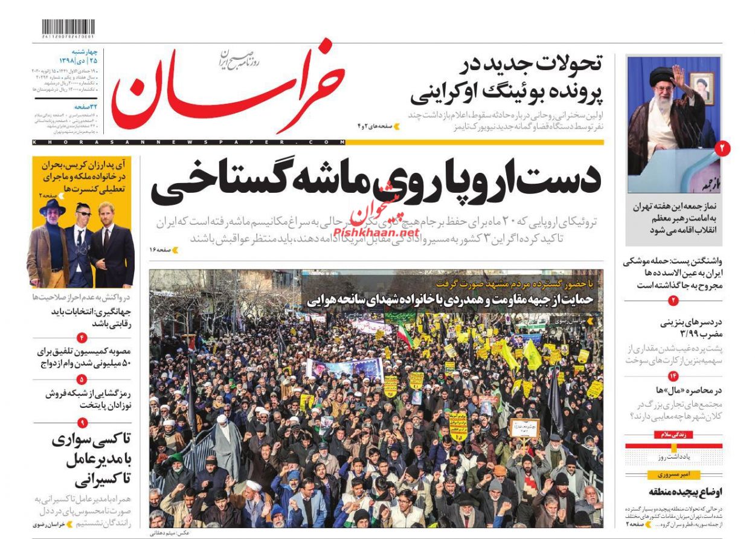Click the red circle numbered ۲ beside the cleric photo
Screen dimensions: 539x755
(723, 147)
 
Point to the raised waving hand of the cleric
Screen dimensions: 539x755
(678, 75)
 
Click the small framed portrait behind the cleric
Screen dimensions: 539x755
(701, 88)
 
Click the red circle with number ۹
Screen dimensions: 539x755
(82, 423)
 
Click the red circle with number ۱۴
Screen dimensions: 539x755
(673, 376)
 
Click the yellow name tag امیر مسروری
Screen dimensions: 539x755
(673, 474)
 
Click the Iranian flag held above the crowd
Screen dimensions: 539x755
(404, 336)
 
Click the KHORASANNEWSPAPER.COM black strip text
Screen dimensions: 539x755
(187, 142)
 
